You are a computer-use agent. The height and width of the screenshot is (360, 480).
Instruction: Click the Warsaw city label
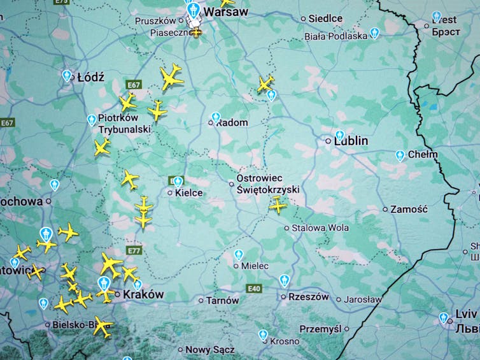pyautogui.click(x=226, y=11)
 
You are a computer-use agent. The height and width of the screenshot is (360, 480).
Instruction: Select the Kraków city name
pyautogui.click(x=143, y=294)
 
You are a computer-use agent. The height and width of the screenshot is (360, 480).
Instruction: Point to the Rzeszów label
pyautogui.click(x=309, y=297)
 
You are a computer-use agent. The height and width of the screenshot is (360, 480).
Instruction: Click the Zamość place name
pyautogui.click(x=409, y=209)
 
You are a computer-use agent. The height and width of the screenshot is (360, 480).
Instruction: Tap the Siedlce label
pyautogui.click(x=325, y=18)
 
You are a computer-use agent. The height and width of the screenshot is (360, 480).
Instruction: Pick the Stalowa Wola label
pyautogui.click(x=320, y=227)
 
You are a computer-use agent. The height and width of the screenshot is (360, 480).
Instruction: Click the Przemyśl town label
pyautogui.click(x=320, y=329)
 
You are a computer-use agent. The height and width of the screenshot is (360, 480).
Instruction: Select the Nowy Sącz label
pyautogui.click(x=209, y=349)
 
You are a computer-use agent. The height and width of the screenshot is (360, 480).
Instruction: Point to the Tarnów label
pyautogui.click(x=222, y=300)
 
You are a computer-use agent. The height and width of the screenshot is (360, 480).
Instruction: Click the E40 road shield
pyautogui.click(x=255, y=289)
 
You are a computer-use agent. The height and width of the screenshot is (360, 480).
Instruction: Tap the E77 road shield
pyautogui.click(x=134, y=251)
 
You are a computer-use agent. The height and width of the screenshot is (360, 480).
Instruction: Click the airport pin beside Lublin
pyautogui.click(x=339, y=136)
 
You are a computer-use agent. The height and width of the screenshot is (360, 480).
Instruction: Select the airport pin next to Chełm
pyautogui.click(x=400, y=155)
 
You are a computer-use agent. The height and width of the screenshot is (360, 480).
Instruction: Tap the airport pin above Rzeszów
pyautogui.click(x=285, y=280)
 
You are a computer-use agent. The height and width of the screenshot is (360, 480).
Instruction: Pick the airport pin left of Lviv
pyautogui.click(x=443, y=317)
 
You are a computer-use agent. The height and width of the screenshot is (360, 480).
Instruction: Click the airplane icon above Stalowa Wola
pyautogui.click(x=278, y=205)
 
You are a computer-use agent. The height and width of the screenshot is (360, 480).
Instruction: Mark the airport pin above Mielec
pyautogui.click(x=238, y=255)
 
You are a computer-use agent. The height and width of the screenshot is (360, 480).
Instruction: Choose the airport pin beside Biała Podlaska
pyautogui.click(x=374, y=33)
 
